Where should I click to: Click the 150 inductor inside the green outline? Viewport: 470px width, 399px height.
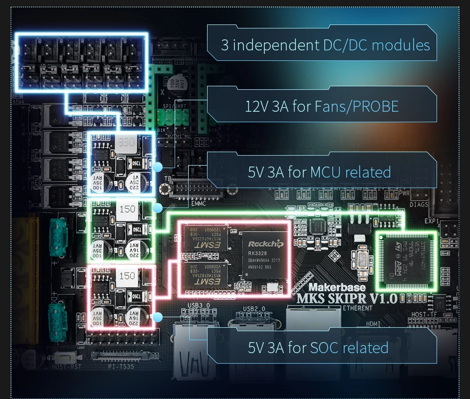click(x=127, y=208)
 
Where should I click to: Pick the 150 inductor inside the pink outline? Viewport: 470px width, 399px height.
click(x=127, y=275)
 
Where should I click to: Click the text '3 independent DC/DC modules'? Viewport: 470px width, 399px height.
click(x=325, y=45)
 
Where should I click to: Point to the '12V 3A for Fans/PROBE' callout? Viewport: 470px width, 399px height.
click(x=322, y=106)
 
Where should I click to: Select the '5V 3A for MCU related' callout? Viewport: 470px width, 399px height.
click(x=319, y=173)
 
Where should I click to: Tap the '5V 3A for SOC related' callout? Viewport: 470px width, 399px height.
click(x=318, y=347)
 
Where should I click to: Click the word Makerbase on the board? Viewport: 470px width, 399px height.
click(x=337, y=287)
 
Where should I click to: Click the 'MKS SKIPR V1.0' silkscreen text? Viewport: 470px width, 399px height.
click(x=347, y=299)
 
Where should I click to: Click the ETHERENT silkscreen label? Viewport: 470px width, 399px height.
click(x=357, y=308)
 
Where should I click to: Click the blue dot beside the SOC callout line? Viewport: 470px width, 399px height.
click(x=158, y=317)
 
